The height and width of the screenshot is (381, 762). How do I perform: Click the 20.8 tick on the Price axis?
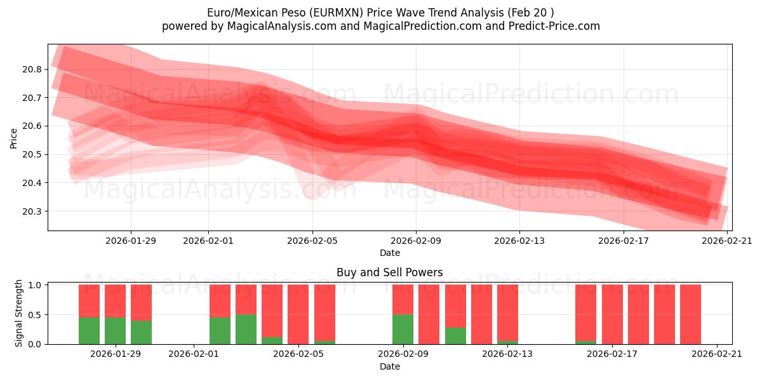33,69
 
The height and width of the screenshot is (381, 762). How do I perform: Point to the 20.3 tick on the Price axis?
33,211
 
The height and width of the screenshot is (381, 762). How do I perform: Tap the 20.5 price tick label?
33,154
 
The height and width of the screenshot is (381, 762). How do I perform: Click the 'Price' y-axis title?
14,138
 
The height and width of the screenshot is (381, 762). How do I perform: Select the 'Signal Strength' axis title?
19,313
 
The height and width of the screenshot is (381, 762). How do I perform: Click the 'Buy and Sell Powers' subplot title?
389,272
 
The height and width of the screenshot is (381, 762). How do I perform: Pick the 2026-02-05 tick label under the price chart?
312,240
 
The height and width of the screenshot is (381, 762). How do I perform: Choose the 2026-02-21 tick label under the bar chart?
717,354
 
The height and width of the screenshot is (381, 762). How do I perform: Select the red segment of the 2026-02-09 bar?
403,299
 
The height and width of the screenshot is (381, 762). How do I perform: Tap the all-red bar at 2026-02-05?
298,314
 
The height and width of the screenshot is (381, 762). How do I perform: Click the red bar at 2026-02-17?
612,314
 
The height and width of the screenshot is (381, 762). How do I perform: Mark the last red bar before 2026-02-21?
690,314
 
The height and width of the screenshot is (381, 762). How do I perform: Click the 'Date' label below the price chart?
389,253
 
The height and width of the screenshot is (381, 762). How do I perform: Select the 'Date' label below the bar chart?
389,366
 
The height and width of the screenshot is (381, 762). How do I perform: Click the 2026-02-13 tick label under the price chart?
519,240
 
